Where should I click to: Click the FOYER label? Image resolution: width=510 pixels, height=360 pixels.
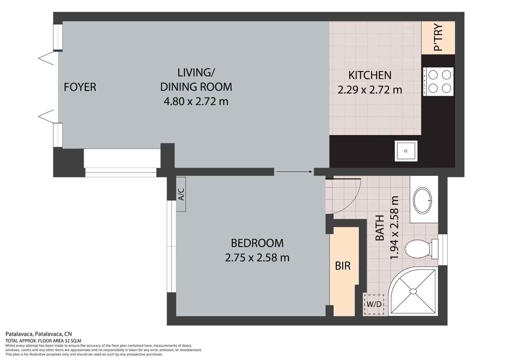point(80,87)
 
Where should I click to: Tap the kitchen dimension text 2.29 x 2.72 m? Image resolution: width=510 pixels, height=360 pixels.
point(370,90)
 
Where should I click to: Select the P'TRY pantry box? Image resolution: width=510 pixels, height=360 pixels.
point(438,38)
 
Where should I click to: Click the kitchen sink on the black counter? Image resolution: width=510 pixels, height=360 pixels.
point(406,151)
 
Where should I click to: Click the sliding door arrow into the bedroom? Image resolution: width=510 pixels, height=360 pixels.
point(294,172)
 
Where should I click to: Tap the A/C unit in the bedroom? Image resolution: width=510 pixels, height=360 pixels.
point(181,194)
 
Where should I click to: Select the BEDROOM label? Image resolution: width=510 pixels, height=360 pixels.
point(257,243)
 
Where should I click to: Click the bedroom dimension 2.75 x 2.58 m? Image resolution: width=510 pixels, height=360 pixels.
point(257,257)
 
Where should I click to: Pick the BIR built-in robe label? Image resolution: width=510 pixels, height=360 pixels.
point(343,266)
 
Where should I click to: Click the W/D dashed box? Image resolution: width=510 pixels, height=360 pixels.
point(374,304)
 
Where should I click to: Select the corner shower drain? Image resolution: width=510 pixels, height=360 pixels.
point(413,291)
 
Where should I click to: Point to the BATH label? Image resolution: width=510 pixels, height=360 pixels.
point(380,228)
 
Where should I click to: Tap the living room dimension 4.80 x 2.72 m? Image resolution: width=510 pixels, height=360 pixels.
point(196,102)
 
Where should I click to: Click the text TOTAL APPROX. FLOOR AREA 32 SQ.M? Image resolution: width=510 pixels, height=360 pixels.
point(43,341)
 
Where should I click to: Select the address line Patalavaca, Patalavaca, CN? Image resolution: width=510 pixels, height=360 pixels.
point(39,334)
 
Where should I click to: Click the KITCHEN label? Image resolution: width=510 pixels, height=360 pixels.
point(370,75)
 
